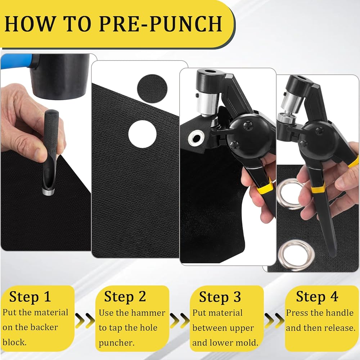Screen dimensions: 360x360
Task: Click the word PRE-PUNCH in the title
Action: click(161, 23)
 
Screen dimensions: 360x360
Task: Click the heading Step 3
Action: click(220, 297)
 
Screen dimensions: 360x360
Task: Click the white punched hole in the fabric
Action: click(142, 134)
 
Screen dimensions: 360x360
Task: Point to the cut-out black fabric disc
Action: click(152, 89)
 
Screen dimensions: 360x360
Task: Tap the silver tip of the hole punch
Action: click(48, 192)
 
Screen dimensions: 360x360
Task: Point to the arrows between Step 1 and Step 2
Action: click(85, 320)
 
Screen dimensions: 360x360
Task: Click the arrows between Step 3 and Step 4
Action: click(274, 320)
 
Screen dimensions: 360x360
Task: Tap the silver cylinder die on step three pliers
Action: click(208, 104)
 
